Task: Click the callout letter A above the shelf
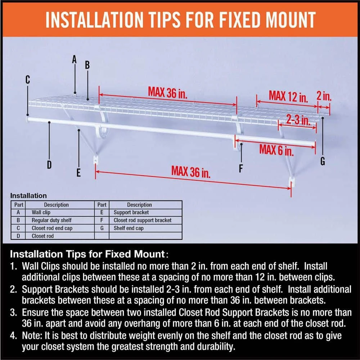click(x=75, y=59)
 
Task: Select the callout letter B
click(x=87, y=66)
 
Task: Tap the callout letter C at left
click(x=28, y=80)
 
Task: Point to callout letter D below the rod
click(x=49, y=165)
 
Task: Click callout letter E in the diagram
click(x=78, y=173)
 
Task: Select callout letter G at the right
click(x=323, y=162)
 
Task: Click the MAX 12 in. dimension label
click(x=288, y=96)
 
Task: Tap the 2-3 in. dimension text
click(x=298, y=119)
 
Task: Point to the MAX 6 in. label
click(x=276, y=149)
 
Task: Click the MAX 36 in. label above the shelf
click(x=168, y=92)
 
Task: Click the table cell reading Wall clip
click(x=41, y=212)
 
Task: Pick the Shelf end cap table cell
click(x=129, y=228)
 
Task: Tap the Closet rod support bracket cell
click(x=143, y=220)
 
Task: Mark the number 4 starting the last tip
click(x=13, y=336)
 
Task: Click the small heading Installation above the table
click(x=28, y=196)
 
